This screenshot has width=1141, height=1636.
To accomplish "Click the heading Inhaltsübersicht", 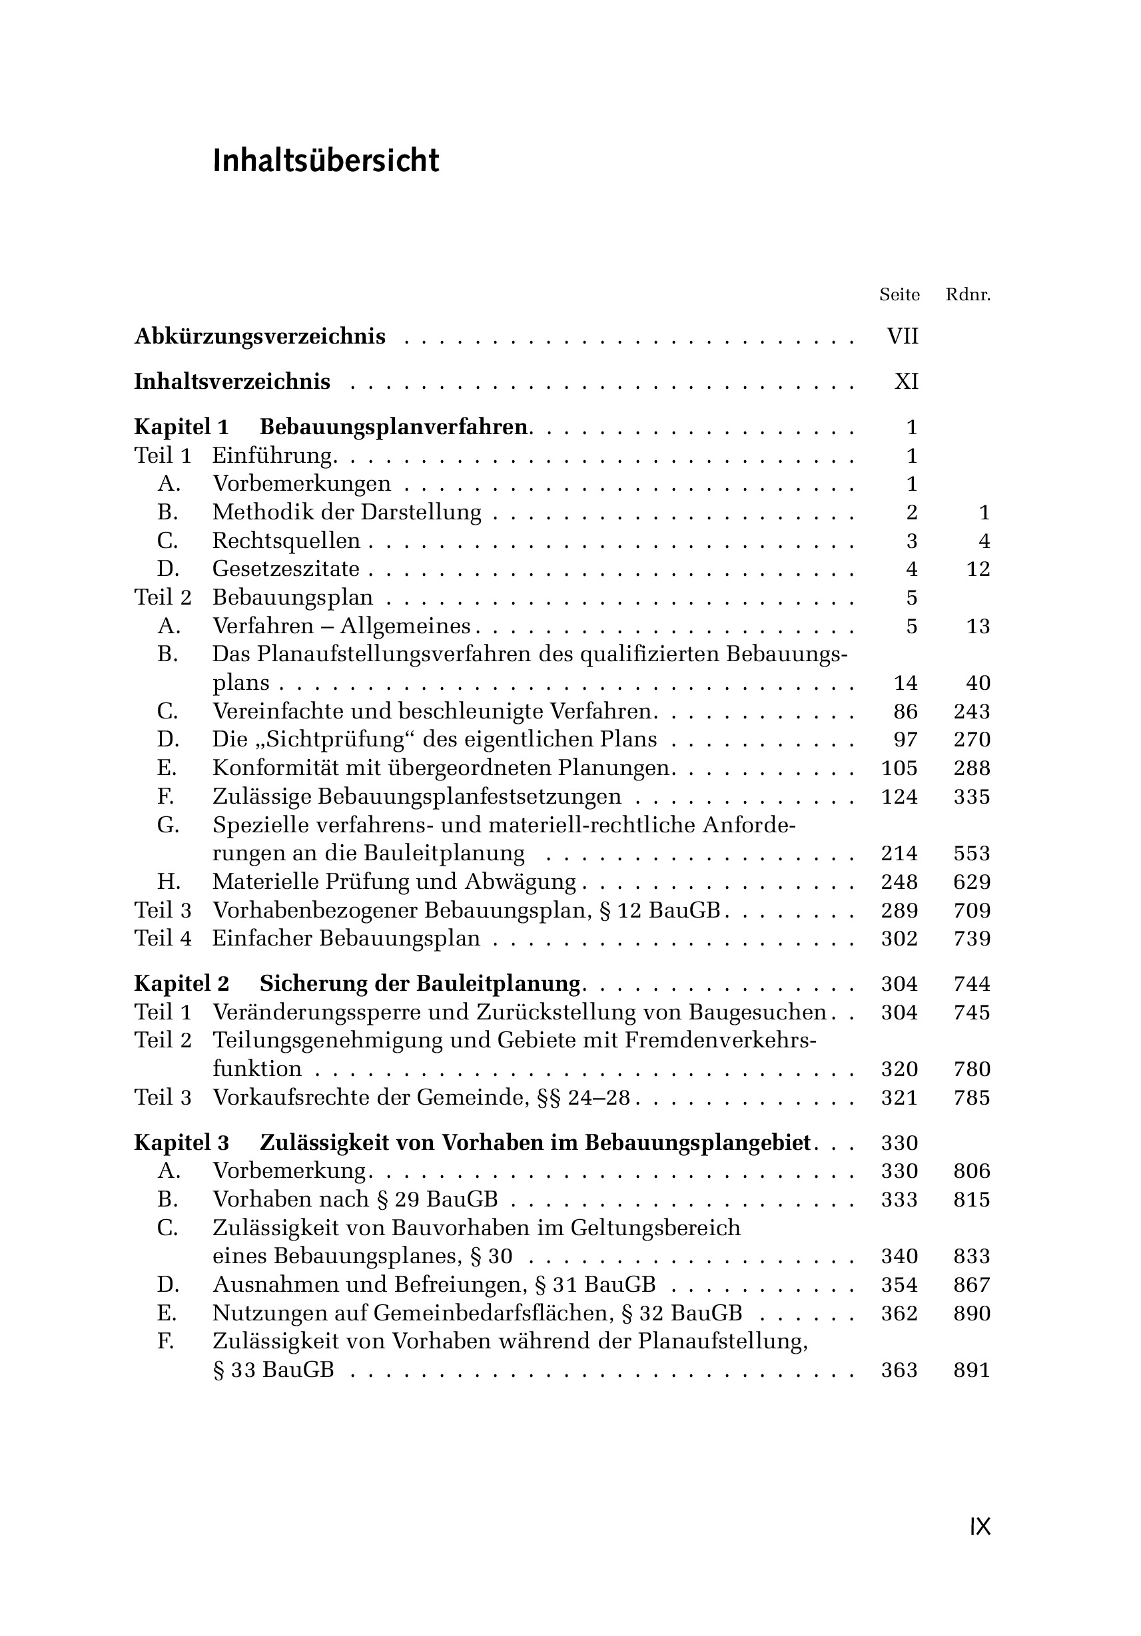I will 326,161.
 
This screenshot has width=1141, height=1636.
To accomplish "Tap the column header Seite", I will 899,294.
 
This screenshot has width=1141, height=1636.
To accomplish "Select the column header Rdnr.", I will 968,294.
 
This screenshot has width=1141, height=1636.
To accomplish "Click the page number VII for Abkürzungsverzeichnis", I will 903,336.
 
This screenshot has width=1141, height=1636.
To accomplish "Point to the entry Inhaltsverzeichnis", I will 232,382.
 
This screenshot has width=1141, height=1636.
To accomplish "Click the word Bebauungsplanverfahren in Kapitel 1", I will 394,427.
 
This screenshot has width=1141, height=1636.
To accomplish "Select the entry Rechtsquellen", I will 286,541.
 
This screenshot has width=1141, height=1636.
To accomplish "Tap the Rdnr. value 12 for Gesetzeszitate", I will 978,569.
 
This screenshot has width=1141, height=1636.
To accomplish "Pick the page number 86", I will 906,711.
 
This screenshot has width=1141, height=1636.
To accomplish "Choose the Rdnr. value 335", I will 972,796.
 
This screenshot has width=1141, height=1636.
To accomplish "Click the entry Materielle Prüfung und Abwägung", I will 394,882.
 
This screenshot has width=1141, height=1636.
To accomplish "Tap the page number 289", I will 899,911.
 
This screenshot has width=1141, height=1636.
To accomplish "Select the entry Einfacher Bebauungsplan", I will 346,938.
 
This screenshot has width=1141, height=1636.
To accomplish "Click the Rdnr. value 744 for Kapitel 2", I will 972,984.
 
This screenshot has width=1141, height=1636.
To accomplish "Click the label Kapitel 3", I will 182,1143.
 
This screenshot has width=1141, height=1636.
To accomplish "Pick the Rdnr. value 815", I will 972,1200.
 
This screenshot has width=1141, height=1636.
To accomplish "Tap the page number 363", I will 899,1370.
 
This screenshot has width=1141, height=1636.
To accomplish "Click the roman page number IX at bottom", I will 980,1527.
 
